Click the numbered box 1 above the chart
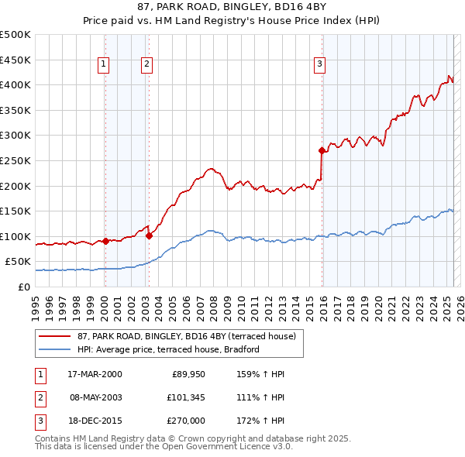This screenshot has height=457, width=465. tap(104, 65)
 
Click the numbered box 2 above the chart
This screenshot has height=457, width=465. tap(146, 65)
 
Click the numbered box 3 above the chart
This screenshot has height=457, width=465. tap(319, 65)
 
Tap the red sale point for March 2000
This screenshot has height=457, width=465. tap(105, 241)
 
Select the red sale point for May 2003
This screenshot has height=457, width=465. tap(148, 235)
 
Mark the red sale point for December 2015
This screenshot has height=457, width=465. tap(321, 150)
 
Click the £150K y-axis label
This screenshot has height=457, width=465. tap(15, 211)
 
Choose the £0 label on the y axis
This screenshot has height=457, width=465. tap(24, 287)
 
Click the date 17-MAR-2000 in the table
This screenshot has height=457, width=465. tap(94, 374)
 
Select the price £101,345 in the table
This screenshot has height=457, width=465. tap(184, 398)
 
